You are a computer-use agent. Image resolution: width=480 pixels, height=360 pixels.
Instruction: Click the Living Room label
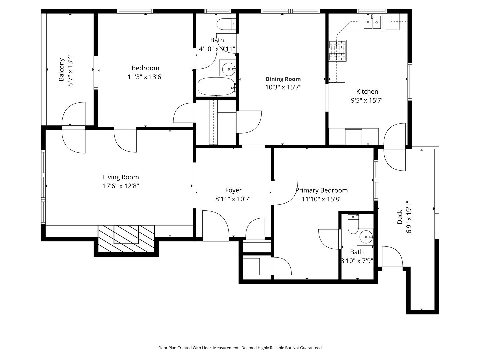pyautogui.click(x=121, y=177)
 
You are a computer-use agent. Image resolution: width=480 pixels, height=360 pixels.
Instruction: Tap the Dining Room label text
pyautogui.click(x=283, y=79)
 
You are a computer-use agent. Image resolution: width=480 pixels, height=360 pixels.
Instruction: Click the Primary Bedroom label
pyautogui.click(x=321, y=190)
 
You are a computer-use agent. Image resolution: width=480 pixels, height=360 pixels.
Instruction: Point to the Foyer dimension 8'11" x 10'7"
pyautogui.click(x=233, y=199)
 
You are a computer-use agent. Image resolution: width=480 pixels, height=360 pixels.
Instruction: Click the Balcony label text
pyautogui.click(x=62, y=70)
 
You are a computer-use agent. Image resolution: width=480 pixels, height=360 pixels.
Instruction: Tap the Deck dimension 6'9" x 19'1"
pyautogui.click(x=409, y=217)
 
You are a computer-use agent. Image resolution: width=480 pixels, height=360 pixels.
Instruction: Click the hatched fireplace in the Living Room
pyautogui.click(x=126, y=239)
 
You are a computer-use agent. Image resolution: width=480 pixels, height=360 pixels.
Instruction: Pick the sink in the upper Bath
pyautogui.click(x=228, y=69)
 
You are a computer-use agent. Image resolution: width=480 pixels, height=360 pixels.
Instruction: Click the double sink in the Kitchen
pyautogui.click(x=372, y=22)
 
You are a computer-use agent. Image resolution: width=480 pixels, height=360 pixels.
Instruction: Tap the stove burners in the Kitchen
pyautogui.click(x=337, y=51)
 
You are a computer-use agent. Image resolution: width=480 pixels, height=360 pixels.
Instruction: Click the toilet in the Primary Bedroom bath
pyautogui.click(x=353, y=224)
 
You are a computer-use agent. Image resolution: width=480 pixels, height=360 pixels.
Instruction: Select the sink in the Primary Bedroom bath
pyautogui.click(x=366, y=237)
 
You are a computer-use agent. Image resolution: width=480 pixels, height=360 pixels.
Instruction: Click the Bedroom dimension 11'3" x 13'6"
pyautogui.click(x=145, y=77)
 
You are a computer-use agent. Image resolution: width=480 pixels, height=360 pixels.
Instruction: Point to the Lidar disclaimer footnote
pyautogui.click(x=240, y=348)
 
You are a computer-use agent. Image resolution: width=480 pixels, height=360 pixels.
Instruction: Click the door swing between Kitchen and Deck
pyautogui.click(x=395, y=147)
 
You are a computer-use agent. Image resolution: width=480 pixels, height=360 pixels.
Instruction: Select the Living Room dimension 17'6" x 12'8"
pyautogui.click(x=121, y=186)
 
